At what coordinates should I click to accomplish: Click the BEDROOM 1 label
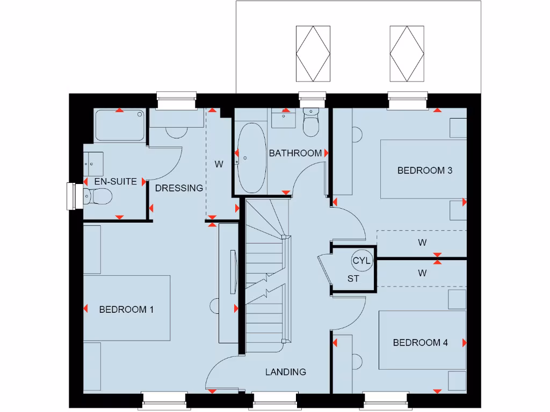click(126, 310)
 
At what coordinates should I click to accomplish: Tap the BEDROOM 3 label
click(424, 171)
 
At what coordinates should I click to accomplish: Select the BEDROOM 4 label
click(420, 343)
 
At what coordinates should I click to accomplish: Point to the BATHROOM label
click(295, 153)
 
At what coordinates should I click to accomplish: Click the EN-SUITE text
click(115, 182)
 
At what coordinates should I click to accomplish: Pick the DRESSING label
click(179, 188)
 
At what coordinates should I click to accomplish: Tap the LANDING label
click(286, 372)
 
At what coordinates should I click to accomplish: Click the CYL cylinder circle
click(362, 261)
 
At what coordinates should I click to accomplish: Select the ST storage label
click(353, 279)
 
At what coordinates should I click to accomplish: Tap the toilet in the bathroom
click(311, 123)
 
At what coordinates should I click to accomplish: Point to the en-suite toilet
click(97, 197)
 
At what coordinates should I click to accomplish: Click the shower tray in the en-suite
click(120, 126)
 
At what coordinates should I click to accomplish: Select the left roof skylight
click(313, 53)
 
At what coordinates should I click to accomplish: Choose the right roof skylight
click(406, 53)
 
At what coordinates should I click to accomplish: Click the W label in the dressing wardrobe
click(219, 165)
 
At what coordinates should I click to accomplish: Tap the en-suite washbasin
click(92, 163)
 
